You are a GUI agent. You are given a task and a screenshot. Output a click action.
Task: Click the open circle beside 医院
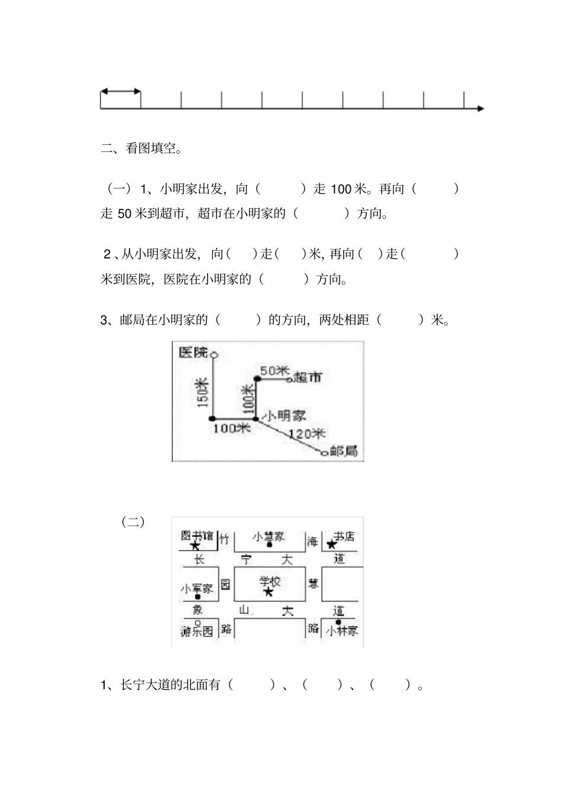[214, 355]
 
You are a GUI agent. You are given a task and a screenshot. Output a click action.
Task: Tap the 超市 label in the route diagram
[308, 377]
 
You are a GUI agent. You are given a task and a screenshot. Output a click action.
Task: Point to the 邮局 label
[344, 451]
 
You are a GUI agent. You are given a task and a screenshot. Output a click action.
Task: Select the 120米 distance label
[307, 434]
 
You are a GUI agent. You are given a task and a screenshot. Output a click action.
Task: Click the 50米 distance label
[273, 371]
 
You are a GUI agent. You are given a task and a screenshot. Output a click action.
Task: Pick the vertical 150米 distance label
[203, 392]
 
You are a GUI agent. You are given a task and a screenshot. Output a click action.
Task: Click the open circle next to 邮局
[324, 454]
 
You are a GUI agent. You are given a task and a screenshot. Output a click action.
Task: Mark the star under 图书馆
[195, 546]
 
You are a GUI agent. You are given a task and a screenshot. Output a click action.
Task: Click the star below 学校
[268, 591]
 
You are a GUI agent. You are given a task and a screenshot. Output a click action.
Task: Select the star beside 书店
[331, 544]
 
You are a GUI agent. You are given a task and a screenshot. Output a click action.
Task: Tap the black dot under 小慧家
[269, 546]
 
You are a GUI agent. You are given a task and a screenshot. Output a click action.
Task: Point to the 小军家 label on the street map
[197, 588]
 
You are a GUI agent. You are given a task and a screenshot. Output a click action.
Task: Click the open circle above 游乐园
[198, 623]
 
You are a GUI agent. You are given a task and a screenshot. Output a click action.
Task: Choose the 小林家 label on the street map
[342, 631]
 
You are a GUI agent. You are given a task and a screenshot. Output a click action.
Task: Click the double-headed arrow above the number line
[121, 91]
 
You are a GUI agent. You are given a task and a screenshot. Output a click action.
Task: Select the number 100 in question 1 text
[341, 189]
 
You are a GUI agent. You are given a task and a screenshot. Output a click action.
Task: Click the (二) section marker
[133, 522]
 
